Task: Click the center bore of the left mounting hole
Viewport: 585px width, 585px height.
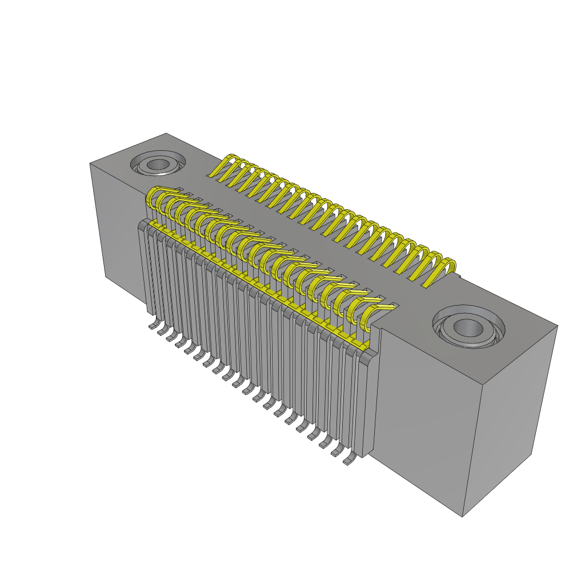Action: point(155,165)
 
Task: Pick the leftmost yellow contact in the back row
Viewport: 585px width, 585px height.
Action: point(226,166)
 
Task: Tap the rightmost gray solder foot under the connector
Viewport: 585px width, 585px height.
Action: point(348,460)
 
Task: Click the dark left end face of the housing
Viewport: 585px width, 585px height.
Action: point(114,229)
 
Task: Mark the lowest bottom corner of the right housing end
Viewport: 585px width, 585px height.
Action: point(462,516)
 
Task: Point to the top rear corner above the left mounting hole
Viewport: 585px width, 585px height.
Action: point(166,134)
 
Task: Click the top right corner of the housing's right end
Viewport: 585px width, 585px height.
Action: point(557,326)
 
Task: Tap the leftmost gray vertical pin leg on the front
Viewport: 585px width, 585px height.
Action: point(143,269)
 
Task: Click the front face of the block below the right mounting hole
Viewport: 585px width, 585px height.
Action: point(423,423)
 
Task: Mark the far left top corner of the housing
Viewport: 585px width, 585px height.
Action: point(90,164)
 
